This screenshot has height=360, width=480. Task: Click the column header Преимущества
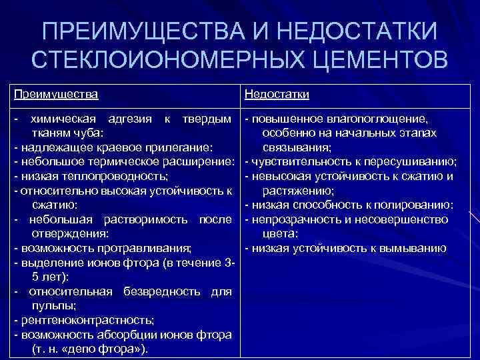point(56,94)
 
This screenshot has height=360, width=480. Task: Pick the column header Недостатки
point(277,94)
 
